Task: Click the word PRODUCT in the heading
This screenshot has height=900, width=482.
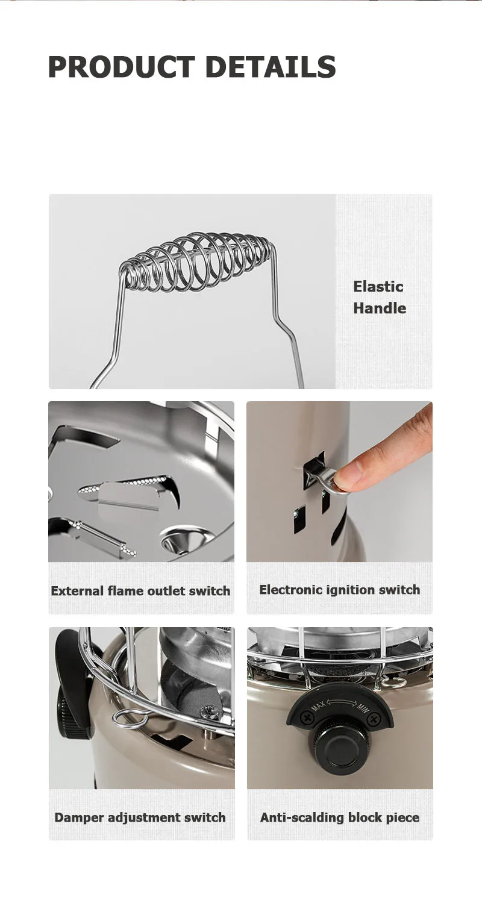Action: point(122,67)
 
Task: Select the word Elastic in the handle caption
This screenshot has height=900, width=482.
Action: point(378,287)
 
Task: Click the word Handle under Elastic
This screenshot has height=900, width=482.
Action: point(380,308)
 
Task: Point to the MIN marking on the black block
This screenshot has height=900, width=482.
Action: point(362,707)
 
